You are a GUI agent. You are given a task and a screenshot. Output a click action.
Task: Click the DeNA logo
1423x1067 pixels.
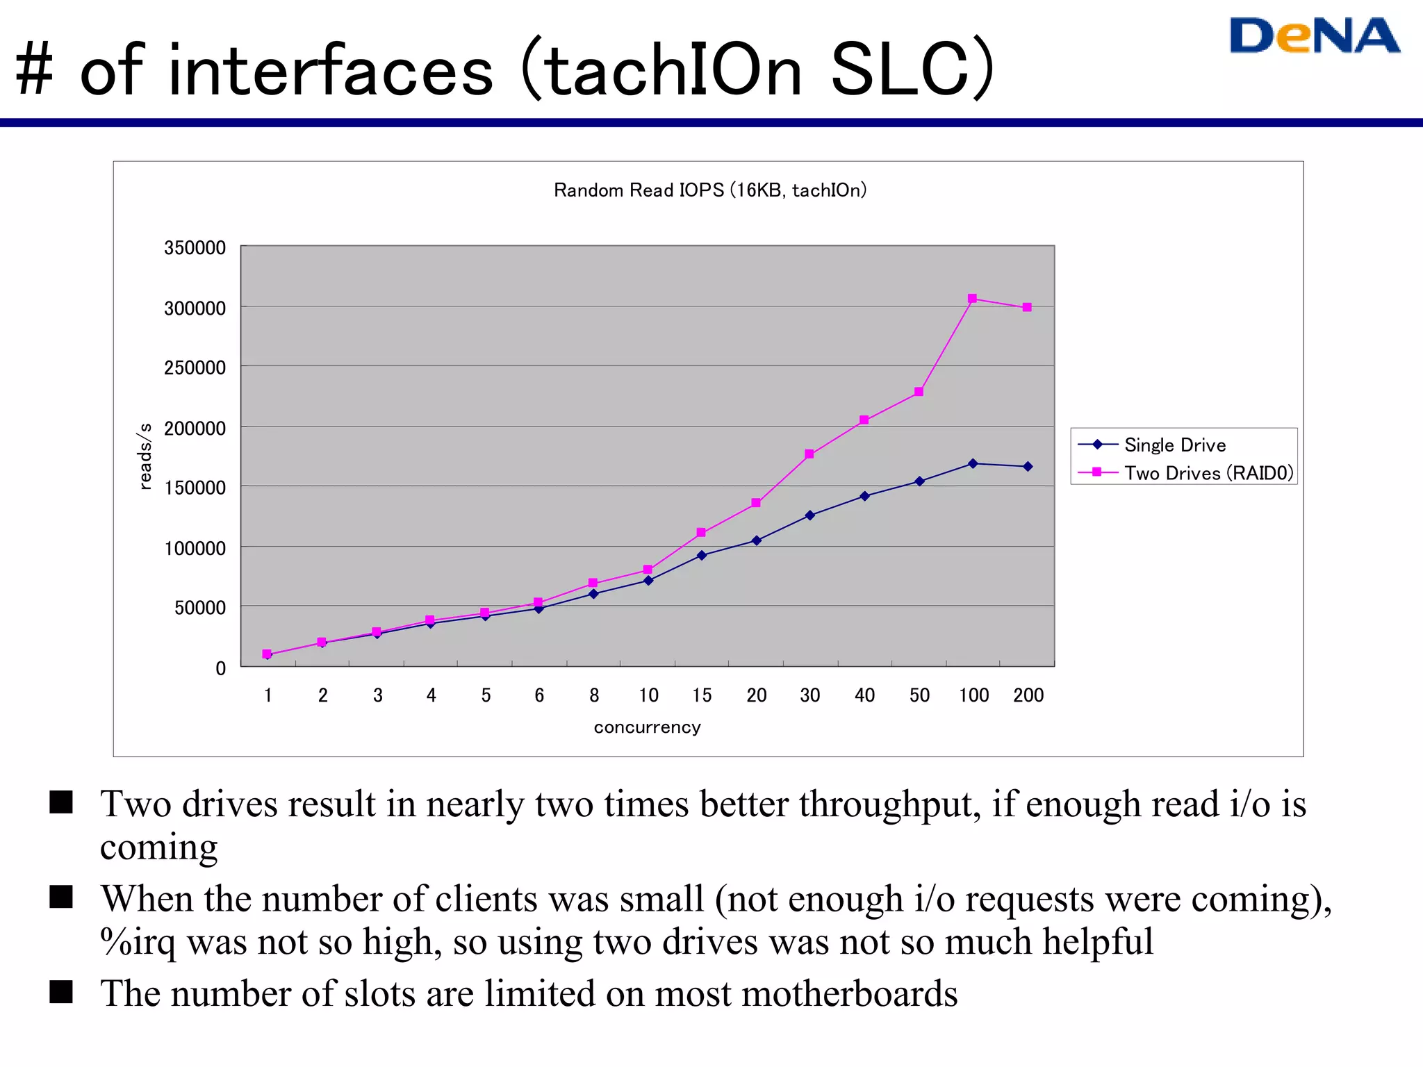point(1314,36)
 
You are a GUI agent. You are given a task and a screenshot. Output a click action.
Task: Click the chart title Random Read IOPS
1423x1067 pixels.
point(709,190)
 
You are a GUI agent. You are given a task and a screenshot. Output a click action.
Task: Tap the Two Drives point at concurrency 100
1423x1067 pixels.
point(972,299)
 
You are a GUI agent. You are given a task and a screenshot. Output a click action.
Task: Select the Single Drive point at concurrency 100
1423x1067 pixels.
point(973,463)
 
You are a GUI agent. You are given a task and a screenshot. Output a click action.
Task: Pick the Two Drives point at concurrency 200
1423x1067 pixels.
point(1027,307)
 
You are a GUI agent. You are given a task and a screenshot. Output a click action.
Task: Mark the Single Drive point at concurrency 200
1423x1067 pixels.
point(1028,467)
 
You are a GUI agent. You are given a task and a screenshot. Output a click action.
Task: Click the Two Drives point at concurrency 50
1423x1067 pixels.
point(919,392)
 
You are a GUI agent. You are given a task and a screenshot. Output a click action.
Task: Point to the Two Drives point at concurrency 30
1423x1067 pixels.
point(809,454)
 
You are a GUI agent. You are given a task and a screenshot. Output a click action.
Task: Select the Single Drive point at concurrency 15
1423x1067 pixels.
point(702,555)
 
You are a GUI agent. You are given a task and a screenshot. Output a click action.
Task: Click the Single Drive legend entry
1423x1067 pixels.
point(1174,445)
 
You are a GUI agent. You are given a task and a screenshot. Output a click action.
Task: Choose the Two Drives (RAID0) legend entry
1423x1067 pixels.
point(1208,473)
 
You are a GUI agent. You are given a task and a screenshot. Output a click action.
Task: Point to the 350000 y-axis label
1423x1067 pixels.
point(195,248)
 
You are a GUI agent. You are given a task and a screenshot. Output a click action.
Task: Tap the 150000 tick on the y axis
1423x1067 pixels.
point(195,488)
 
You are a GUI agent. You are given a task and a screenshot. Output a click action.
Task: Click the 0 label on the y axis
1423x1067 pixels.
point(220,668)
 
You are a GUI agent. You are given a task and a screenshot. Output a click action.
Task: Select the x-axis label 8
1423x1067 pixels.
point(594,695)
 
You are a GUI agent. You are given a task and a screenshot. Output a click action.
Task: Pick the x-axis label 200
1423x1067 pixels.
point(1028,695)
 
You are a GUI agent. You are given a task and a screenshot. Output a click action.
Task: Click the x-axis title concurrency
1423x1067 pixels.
point(647,727)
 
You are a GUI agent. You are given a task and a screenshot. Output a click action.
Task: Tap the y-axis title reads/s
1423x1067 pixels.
point(145,456)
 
